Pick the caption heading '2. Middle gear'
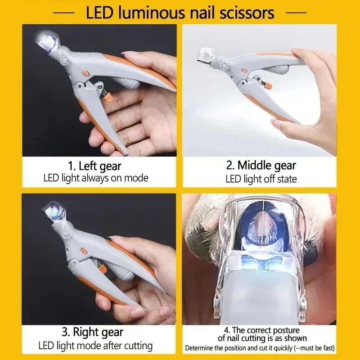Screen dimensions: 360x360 coord(261,165)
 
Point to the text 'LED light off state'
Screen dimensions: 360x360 coord(261,179)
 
